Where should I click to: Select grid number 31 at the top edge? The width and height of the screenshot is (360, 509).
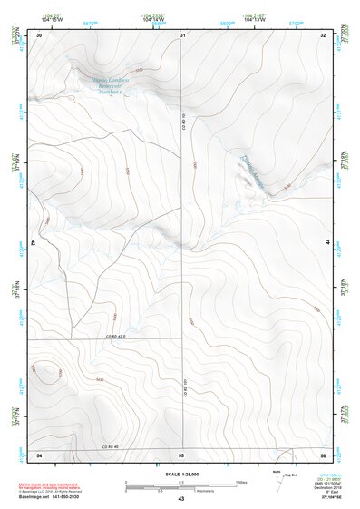tap(182, 34)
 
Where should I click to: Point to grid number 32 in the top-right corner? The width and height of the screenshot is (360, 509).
tap(324, 34)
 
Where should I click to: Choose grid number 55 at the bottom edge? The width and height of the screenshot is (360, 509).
tap(181, 453)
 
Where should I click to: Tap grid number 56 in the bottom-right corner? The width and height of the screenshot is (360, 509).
tap(323, 453)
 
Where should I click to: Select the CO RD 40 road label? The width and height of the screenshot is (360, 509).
tap(111, 445)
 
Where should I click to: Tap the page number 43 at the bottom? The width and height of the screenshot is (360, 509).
tap(181, 500)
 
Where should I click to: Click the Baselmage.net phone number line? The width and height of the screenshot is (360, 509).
tap(50, 497)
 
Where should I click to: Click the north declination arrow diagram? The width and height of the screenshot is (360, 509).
tap(278, 478)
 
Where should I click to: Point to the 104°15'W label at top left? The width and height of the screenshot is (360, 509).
tap(51, 19)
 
